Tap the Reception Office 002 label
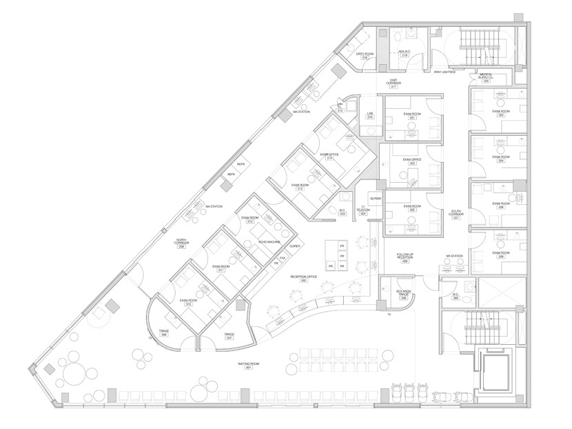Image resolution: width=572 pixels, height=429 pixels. tap(303, 278)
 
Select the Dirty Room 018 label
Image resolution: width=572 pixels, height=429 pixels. tap(365, 55)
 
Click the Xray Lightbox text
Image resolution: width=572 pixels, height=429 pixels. tap(445, 71)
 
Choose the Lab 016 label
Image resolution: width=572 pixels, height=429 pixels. tap(369, 115)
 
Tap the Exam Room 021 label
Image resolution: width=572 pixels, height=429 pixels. tap(411, 116)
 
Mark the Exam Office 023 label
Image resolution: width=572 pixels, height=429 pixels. tap(411, 161)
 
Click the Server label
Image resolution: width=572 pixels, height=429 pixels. tap(375, 199)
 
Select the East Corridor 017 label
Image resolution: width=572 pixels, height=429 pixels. tap(394, 84)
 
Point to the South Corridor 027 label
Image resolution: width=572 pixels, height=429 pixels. tap(456, 214)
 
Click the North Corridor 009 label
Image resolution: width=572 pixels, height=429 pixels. tap(181, 244)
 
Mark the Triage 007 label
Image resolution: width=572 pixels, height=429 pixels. tap(229, 336)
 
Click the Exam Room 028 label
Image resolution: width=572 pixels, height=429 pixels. tap(501, 255)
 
